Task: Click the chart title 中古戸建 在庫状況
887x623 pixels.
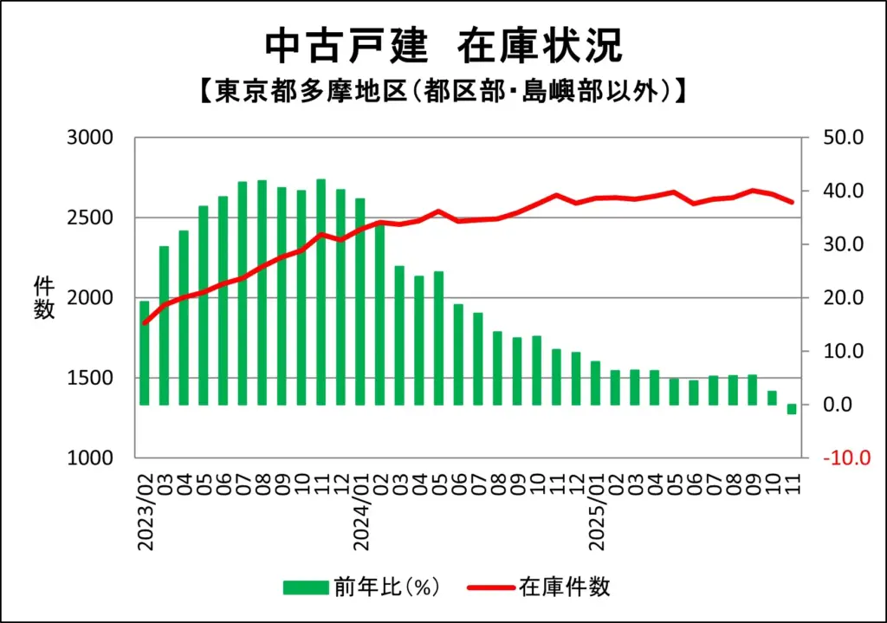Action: pos(443,45)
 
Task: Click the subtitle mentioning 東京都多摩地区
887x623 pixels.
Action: pos(443,91)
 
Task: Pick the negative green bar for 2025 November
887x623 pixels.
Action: pos(791,409)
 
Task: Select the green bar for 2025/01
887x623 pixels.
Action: pos(596,383)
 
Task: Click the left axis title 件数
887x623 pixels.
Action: pos(44,297)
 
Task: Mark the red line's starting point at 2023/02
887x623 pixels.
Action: pos(145,322)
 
